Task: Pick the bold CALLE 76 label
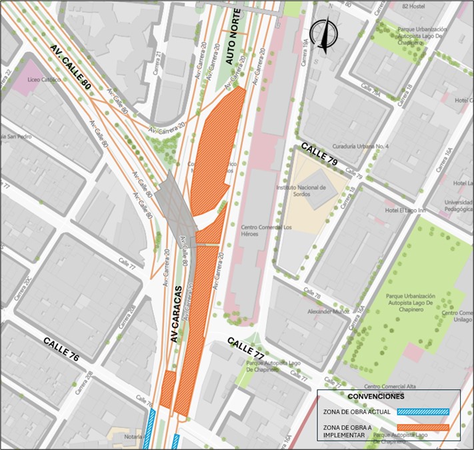(61, 349)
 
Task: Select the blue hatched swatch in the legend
(423, 412)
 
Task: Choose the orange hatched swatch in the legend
(423, 428)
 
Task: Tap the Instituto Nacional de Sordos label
(300, 191)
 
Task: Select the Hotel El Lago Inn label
(405, 211)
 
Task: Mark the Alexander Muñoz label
(319, 311)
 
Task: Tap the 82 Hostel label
(414, 5)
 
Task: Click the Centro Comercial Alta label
(390, 386)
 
